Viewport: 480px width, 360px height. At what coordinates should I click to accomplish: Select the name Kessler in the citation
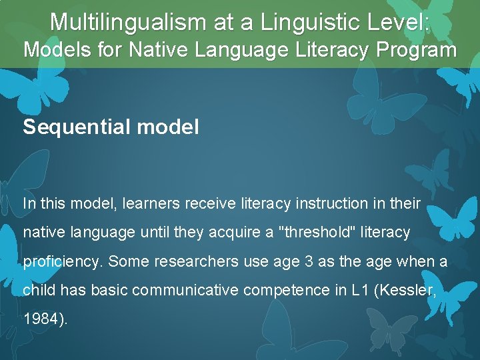click(x=412, y=290)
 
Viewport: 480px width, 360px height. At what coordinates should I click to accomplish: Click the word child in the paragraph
click(x=39, y=290)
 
